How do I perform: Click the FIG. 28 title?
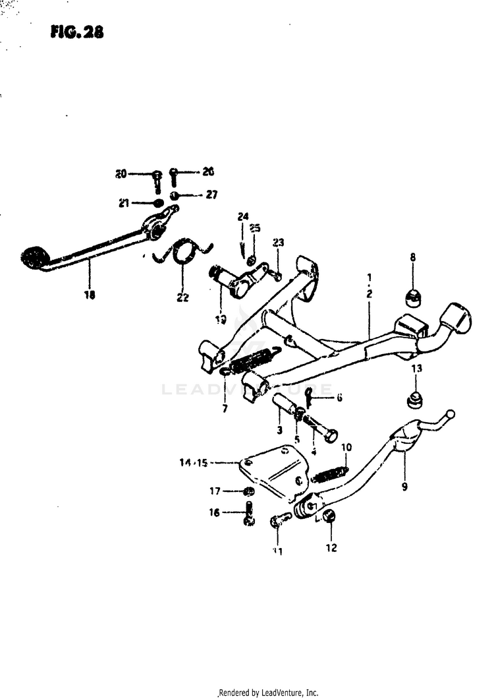point(76,32)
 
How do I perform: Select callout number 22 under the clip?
point(182,297)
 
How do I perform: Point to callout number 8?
point(413,257)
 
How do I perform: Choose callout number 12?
point(331,547)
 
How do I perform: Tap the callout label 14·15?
point(194,463)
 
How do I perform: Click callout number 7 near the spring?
point(225,409)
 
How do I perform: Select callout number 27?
point(211,195)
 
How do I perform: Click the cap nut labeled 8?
point(413,297)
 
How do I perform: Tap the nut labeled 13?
point(414,399)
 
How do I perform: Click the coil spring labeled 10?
point(330,473)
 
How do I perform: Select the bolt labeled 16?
point(248,514)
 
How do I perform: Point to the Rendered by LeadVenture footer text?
point(269,692)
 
